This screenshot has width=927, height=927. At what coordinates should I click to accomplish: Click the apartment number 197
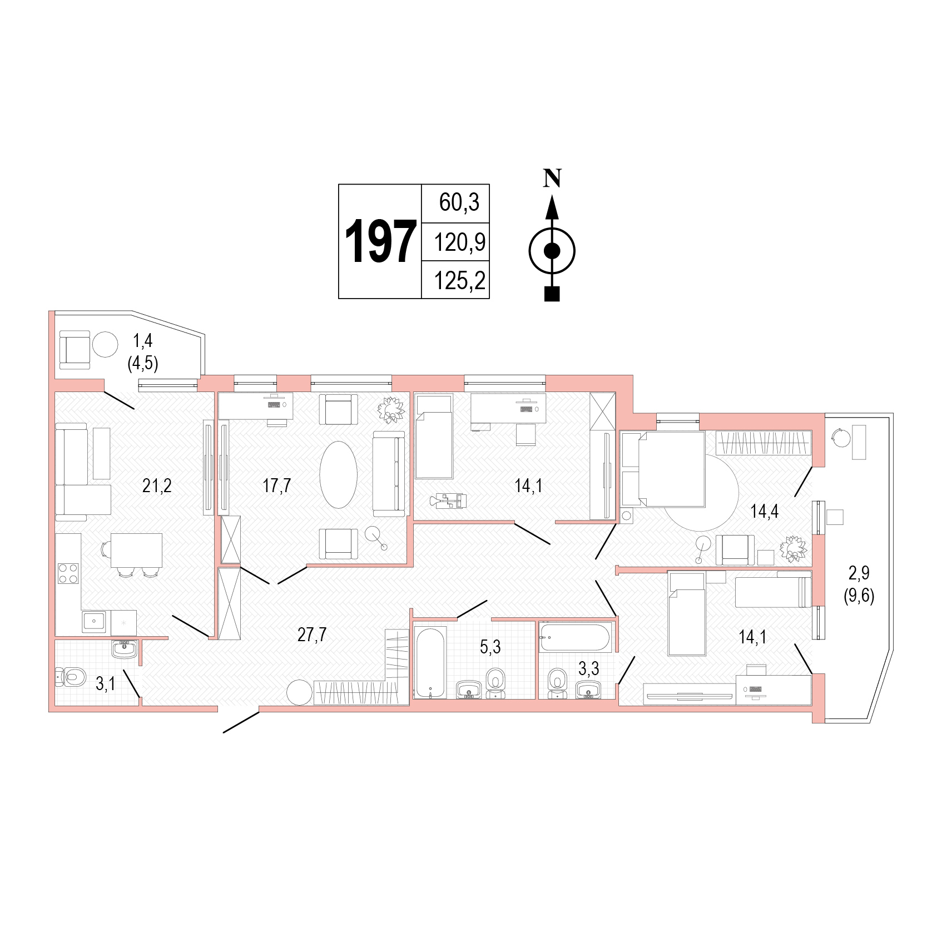(x=380, y=241)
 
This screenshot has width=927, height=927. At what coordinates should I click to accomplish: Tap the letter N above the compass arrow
(x=552, y=178)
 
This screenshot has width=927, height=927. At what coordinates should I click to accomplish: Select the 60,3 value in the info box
(x=459, y=202)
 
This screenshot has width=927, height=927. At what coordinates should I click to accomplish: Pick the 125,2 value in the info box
(x=459, y=281)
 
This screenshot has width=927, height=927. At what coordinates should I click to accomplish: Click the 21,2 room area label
(x=157, y=485)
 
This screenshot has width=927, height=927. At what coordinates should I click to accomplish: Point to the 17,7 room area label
(x=276, y=485)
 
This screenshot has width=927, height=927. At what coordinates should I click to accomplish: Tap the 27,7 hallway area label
(x=311, y=634)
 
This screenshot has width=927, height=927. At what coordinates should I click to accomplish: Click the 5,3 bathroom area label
(x=490, y=647)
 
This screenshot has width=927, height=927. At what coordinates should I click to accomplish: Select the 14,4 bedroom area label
(x=764, y=511)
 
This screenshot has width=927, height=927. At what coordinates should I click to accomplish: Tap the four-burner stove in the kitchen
(x=68, y=573)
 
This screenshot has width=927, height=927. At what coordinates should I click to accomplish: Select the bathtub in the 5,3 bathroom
(x=430, y=662)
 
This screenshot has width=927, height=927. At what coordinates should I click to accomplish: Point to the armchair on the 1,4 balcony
(x=75, y=349)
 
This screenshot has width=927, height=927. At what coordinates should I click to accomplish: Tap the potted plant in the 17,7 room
(x=391, y=409)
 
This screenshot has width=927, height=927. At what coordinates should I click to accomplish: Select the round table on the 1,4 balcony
(x=105, y=345)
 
